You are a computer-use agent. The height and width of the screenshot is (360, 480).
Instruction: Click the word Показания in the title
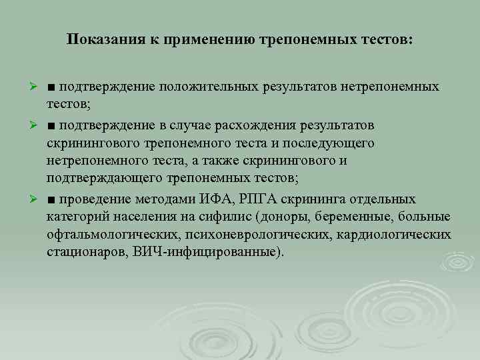pyautogui.click(x=103, y=40)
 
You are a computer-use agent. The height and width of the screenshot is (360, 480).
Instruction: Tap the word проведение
pyautogui.click(x=94, y=199)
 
